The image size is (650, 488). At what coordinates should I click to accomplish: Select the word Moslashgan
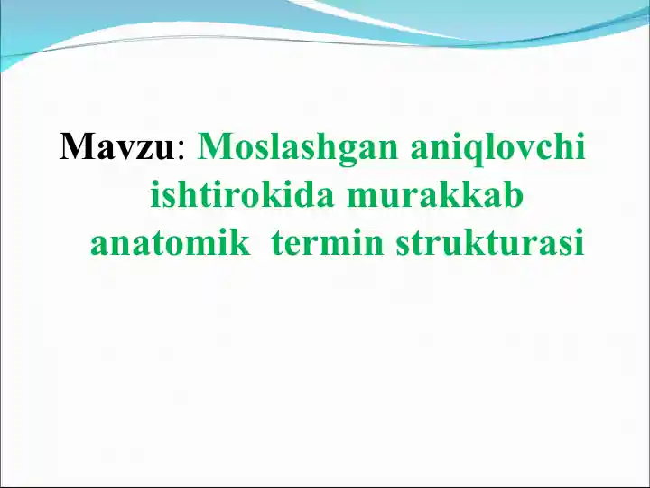299,147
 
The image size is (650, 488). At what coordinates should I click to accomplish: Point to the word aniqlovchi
497,147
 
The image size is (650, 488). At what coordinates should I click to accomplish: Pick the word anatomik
170,244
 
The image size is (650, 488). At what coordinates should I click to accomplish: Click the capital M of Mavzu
76,146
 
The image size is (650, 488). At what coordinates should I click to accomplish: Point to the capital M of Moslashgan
214,146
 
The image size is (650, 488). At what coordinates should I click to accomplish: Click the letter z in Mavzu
141,150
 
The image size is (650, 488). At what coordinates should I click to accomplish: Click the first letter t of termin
277,244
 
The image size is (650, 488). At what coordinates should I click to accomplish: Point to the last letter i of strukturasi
579,242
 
